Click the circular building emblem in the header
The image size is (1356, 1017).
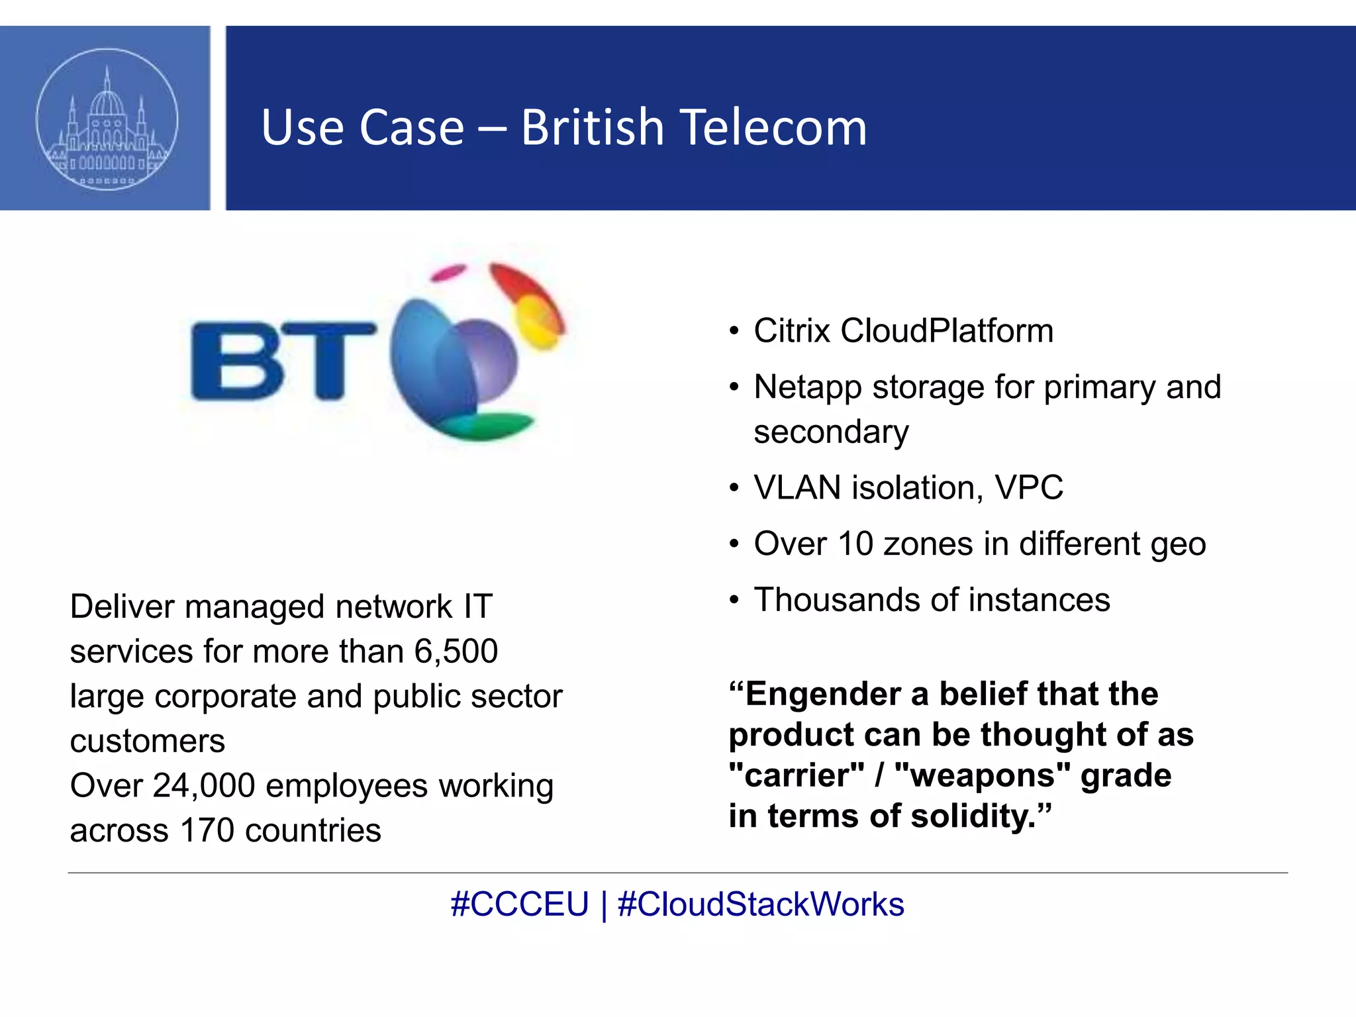click(x=107, y=119)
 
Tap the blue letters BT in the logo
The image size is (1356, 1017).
click(x=281, y=361)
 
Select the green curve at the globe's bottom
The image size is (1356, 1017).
click(x=490, y=426)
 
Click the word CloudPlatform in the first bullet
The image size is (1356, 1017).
click(x=947, y=331)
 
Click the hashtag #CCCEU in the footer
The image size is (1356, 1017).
click(x=519, y=905)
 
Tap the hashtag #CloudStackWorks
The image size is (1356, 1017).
click(x=761, y=905)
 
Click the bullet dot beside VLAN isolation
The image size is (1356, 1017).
click(x=734, y=489)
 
